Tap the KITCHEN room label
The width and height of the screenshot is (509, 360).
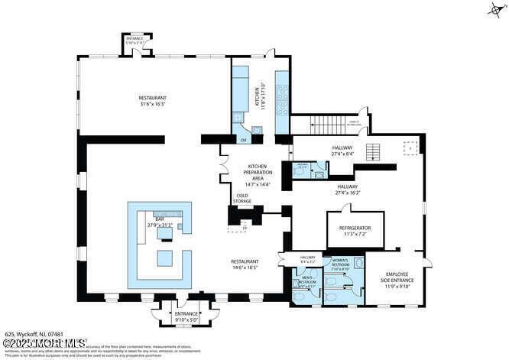258,96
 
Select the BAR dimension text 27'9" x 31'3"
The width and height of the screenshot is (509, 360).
160,224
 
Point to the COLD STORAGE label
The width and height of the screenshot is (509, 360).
242,198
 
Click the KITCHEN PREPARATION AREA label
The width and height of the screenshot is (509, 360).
257,175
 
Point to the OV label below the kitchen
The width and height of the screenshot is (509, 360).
244,141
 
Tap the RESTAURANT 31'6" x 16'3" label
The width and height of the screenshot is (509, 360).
152,101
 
